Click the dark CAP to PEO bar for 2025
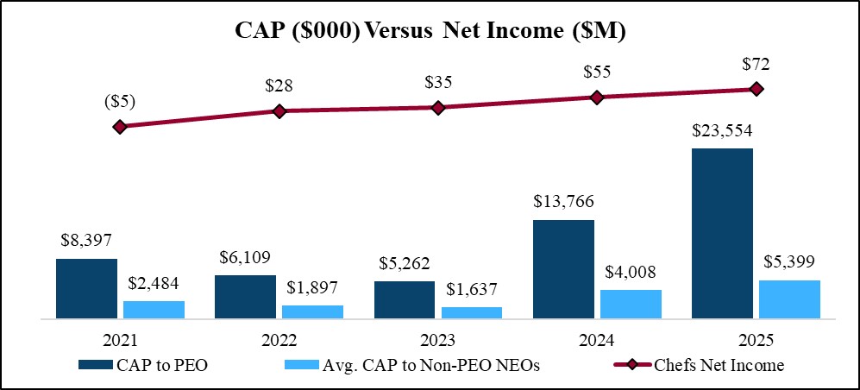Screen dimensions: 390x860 pyautogui.click(x=722, y=233)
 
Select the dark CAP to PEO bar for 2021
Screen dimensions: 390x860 pyautogui.click(x=86, y=289)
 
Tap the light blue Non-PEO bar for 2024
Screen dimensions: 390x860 pyautogui.click(x=631, y=305)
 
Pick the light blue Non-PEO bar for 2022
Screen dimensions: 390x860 pyautogui.click(x=313, y=312)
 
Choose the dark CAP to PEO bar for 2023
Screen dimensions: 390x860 pyautogui.click(x=405, y=300)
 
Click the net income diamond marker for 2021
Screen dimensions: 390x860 pyautogui.click(x=120, y=127)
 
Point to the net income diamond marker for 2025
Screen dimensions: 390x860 pyautogui.click(x=756, y=89)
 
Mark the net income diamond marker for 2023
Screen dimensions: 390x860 pyautogui.click(x=438, y=108)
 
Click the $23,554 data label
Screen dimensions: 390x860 pyautogui.click(x=722, y=131)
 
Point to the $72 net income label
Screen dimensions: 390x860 pyautogui.click(x=756, y=63)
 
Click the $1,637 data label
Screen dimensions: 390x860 pyautogui.click(x=472, y=291)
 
